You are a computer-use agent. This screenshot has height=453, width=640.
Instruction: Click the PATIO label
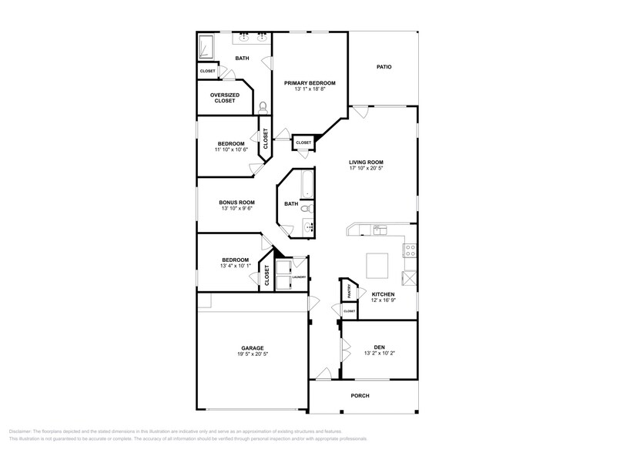(x=384, y=67)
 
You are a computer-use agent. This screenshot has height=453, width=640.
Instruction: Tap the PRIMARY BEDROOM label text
(x=309, y=82)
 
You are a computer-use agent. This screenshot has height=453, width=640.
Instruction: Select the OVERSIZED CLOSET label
(x=224, y=98)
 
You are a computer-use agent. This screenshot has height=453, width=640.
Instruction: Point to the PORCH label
(x=360, y=396)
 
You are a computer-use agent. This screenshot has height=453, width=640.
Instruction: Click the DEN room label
(x=379, y=347)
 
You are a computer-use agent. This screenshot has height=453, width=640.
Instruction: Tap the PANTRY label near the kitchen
(x=349, y=291)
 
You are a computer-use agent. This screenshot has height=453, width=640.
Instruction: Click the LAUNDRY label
(x=299, y=277)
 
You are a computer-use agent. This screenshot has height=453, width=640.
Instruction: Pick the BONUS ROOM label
(x=236, y=202)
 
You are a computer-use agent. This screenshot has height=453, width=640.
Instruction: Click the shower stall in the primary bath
(x=207, y=47)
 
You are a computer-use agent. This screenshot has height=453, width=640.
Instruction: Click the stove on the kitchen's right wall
(x=410, y=250)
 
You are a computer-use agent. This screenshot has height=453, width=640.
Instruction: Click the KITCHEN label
(x=383, y=294)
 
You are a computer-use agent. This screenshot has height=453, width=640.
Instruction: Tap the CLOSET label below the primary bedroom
(x=303, y=143)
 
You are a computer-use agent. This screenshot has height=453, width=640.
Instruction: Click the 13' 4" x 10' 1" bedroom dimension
(x=236, y=267)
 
